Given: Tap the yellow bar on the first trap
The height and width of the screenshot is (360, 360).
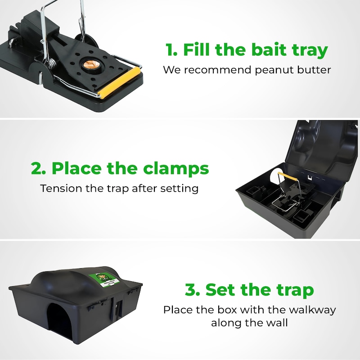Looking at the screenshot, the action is click(x=119, y=83).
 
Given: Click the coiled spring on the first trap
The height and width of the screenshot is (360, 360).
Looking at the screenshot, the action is click(x=52, y=63).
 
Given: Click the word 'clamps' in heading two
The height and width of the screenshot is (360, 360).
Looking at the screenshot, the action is click(x=176, y=169).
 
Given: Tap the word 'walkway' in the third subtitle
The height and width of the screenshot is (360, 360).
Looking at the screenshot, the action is click(x=312, y=310).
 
